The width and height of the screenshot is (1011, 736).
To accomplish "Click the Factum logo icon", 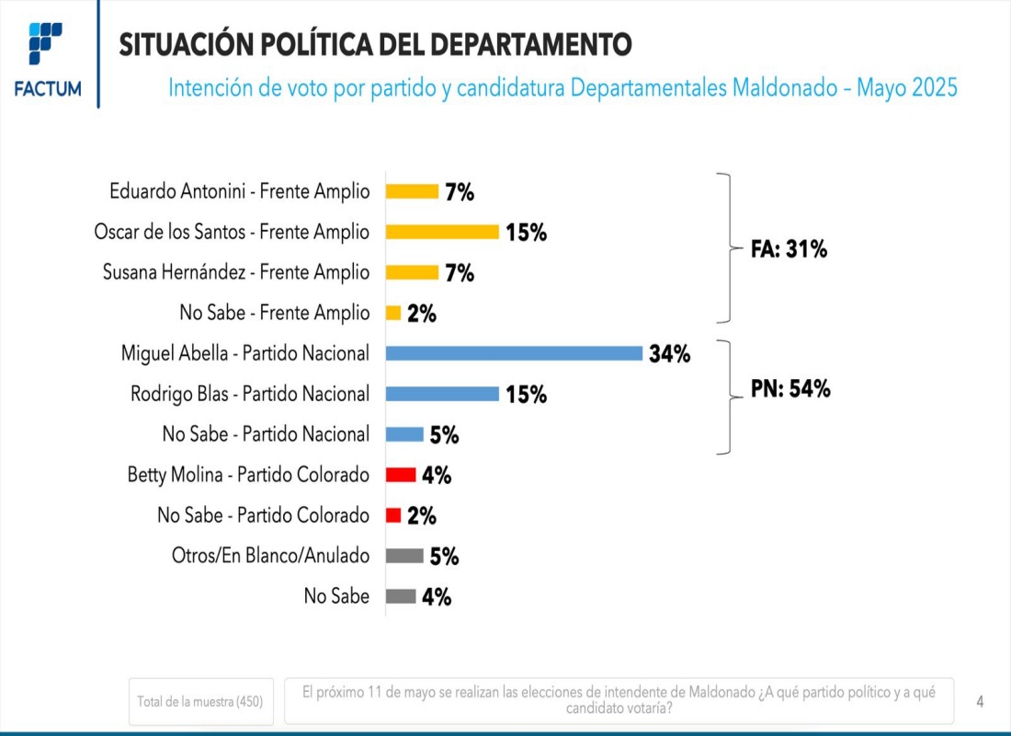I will pos(47,44).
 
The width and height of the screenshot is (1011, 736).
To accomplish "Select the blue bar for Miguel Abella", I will pos(514,353).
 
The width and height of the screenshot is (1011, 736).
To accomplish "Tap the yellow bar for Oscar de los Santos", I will pos(442,232).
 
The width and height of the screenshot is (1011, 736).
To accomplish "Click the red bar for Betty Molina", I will pos(401,475).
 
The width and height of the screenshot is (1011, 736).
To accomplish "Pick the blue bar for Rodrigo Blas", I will pos(442,394).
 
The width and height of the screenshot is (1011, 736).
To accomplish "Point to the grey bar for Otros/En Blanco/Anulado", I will pos(404,556).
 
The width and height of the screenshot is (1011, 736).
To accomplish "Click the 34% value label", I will pos(669,353).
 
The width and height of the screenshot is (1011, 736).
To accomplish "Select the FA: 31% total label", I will pos(789,248).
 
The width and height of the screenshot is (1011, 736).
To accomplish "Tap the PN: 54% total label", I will pos(789,389).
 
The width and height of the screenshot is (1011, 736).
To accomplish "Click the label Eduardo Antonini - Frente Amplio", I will pos(239,191).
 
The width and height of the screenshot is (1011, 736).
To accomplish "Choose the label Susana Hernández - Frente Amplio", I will pos(236,272).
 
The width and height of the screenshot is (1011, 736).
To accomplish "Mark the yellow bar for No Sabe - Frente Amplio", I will pos(393,313).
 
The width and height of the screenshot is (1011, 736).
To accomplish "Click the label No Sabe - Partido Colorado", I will pos(263,515).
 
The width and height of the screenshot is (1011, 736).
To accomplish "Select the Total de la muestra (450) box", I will pos(199,702).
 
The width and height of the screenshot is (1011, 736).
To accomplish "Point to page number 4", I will pos(980,702).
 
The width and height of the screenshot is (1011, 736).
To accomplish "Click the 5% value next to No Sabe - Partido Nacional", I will pos(444,435).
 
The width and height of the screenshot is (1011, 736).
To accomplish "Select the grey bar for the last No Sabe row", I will pos(401,596).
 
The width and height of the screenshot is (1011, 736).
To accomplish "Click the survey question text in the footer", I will pos(619,700).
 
